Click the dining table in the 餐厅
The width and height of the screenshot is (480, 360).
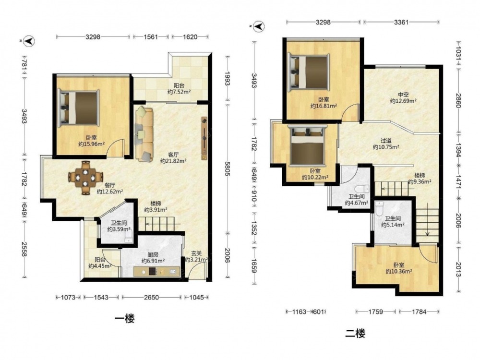click(x=85, y=177)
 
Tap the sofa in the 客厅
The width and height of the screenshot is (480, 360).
click(x=144, y=134)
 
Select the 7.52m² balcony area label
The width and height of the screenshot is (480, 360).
click(x=179, y=92)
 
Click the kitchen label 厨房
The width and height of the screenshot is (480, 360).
click(x=153, y=255)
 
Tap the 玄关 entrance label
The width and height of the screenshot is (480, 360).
click(x=196, y=253)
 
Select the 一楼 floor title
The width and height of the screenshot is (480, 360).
click(x=125, y=319)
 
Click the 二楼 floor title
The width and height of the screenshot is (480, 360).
click(x=355, y=333)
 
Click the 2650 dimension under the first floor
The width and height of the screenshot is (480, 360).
click(x=152, y=297)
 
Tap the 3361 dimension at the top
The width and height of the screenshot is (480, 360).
click(x=401, y=22)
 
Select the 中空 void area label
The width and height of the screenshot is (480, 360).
click(x=403, y=95)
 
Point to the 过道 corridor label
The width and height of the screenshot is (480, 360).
click(x=386, y=141)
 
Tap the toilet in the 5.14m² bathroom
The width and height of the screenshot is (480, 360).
click(x=379, y=208)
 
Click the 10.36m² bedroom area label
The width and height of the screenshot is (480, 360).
click(x=398, y=271)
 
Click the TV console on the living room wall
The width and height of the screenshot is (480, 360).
click(x=204, y=138)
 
